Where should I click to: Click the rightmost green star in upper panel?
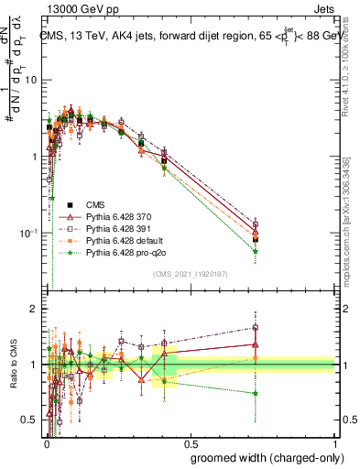256,251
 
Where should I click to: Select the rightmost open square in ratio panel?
256,327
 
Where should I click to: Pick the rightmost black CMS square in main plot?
256,239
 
